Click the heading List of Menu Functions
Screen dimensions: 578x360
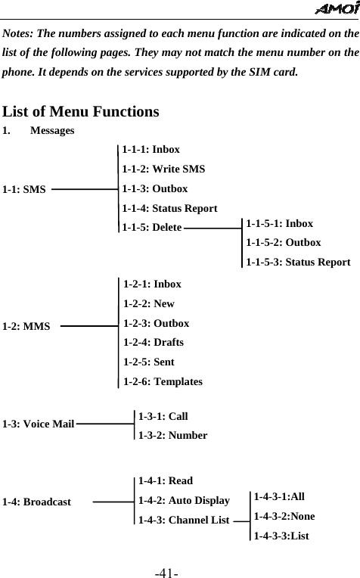pyautogui.click(x=81, y=112)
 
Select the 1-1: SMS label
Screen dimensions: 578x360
pyautogui.click(x=24, y=189)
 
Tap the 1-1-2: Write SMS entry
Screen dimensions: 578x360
pyautogui.click(x=163, y=169)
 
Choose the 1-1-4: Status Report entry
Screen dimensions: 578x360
pyautogui.click(x=170, y=208)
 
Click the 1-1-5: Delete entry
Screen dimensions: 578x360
pyautogui.click(x=151, y=227)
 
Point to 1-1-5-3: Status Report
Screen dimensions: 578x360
pyautogui.click(x=298, y=262)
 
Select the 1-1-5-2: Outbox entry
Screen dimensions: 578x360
pyautogui.click(x=284, y=243)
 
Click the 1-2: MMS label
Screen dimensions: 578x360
pyautogui.click(x=26, y=327)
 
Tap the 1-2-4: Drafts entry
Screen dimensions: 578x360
pyautogui.click(x=154, y=343)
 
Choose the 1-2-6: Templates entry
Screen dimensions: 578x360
pyautogui.click(x=163, y=382)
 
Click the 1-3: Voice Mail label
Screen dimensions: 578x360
pyautogui.click(x=38, y=424)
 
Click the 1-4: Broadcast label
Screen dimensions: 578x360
pyautogui.click(x=37, y=502)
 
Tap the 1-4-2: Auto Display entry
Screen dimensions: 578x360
pyautogui.click(x=185, y=500)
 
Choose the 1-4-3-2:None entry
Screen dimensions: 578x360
pyautogui.click(x=284, y=516)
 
